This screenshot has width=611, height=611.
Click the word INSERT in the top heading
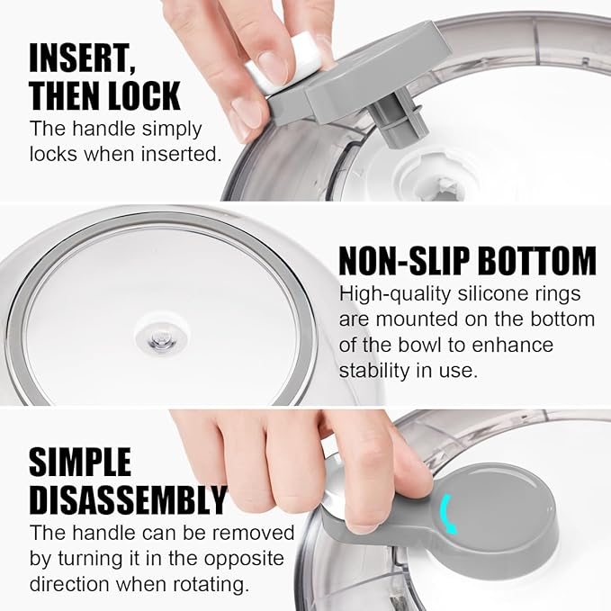click(x=80, y=58)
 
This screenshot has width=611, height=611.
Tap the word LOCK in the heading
click(x=144, y=96)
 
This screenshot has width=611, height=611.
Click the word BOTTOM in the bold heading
click(x=537, y=260)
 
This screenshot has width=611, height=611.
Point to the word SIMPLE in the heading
click(x=80, y=462)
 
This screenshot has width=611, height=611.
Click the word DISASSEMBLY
click(x=128, y=500)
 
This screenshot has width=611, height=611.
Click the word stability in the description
click(x=374, y=370)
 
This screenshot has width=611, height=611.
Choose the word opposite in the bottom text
click(x=244, y=559)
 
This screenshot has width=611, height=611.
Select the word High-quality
click(x=394, y=294)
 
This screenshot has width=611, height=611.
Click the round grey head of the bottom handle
click(x=494, y=510)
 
